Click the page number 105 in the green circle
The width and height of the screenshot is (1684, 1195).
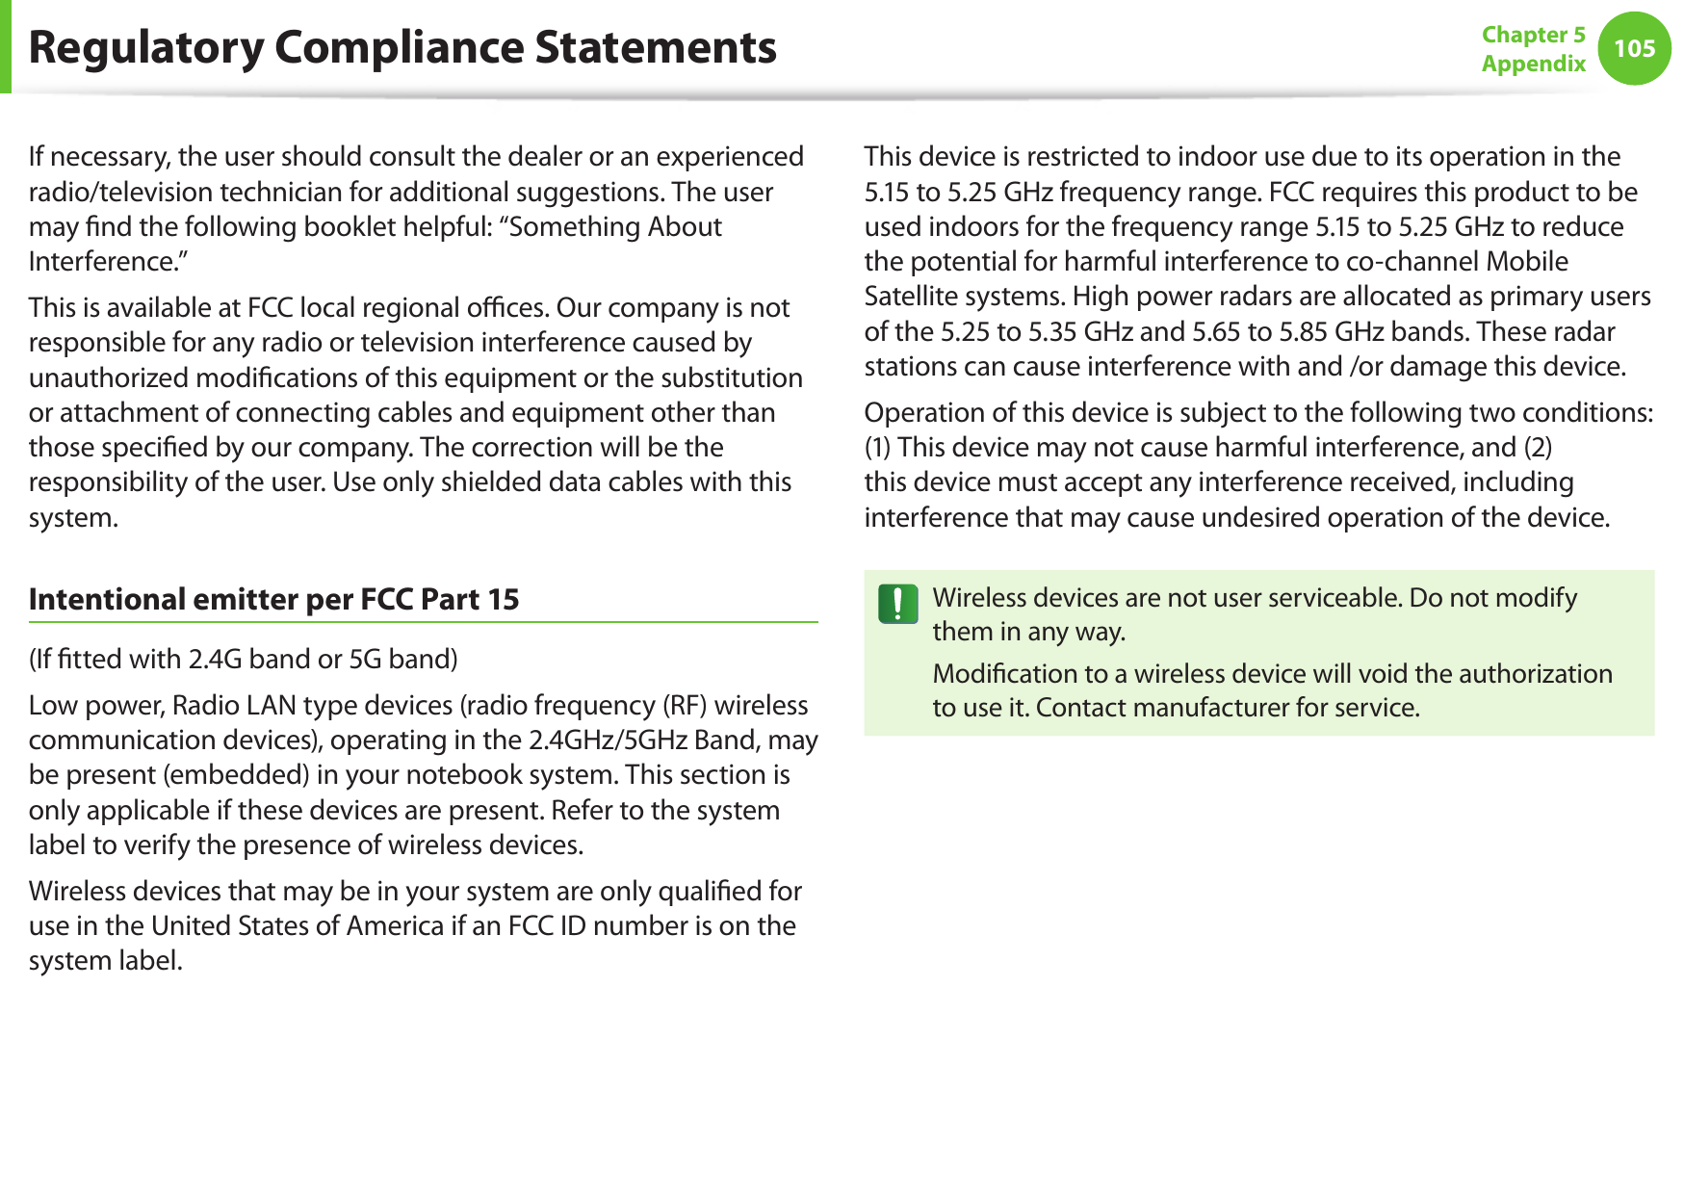coord(1634,48)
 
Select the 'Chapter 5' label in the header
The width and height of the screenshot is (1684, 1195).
coord(1533,35)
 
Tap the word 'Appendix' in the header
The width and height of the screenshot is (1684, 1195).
coord(1533,64)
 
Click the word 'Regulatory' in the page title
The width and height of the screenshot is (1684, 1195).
coord(145,47)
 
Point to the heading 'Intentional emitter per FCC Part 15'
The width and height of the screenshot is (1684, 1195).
coord(273,599)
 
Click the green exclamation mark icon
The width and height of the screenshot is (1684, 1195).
coord(897,604)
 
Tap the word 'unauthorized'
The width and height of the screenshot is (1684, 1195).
coord(109,377)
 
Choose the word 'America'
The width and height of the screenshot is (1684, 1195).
coord(395,925)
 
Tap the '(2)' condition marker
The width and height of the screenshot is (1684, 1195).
coord(1537,447)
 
